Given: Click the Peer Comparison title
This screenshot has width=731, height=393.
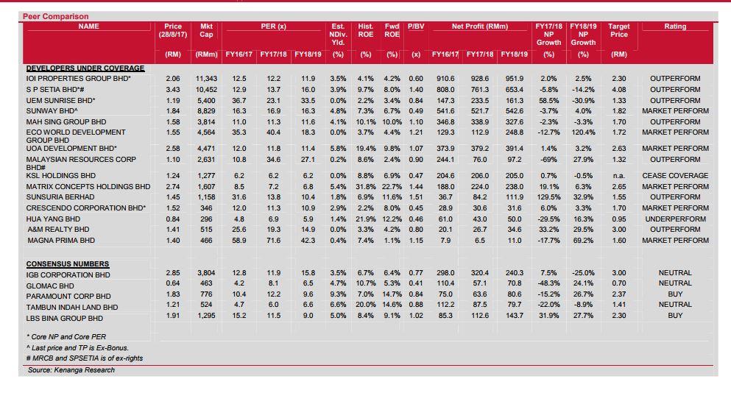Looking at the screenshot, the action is [x=55, y=16].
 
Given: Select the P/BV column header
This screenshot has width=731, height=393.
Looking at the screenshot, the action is [x=416, y=26].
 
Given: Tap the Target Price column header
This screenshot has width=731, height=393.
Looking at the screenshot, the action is [x=618, y=30].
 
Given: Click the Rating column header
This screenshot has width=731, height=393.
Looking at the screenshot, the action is [x=675, y=26].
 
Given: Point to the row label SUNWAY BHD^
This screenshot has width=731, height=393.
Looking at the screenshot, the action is [x=52, y=111].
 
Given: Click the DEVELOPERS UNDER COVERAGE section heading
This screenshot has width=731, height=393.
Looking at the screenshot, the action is [x=85, y=68].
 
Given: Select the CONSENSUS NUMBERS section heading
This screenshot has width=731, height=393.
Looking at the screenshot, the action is [x=68, y=264].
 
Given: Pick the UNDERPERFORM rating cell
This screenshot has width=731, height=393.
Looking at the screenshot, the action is [x=675, y=219].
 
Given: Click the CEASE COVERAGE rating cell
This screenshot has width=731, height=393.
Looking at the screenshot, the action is [x=675, y=176].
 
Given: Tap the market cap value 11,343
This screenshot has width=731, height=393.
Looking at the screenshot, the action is [x=206, y=79].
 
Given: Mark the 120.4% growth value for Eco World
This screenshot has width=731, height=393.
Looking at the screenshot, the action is [x=583, y=132].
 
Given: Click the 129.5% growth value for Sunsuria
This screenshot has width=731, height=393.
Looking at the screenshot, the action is [x=548, y=197].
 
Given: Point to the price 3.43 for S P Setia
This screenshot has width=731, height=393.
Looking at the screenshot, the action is [x=172, y=90].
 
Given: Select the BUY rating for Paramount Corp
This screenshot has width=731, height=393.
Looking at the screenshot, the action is [x=675, y=294].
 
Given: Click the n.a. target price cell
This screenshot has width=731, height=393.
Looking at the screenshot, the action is [x=618, y=176].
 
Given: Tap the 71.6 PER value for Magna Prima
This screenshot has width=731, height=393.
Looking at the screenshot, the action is [x=273, y=241].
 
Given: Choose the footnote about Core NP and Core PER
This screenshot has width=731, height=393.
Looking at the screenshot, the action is [x=66, y=336].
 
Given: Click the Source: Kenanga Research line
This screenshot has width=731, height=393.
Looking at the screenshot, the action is [x=71, y=370].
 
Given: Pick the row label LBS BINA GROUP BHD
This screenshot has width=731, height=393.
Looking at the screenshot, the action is [x=64, y=319].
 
